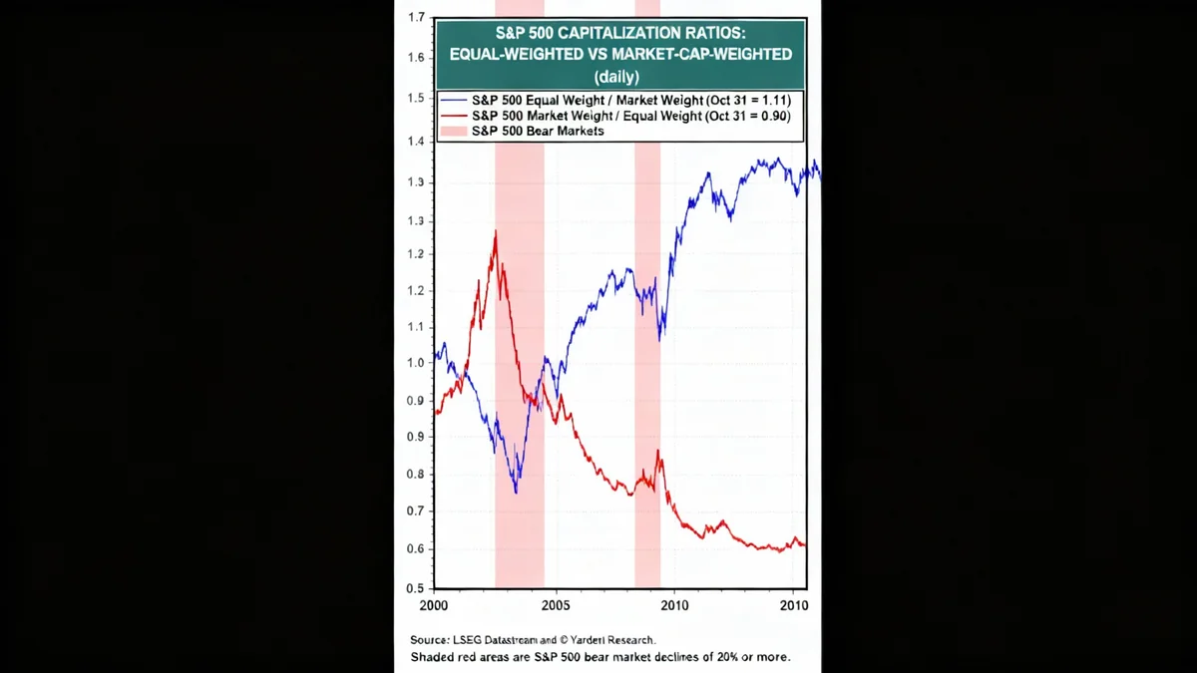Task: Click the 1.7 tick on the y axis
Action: [416, 18]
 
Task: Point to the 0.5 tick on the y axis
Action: [416, 587]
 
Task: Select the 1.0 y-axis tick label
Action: [416, 363]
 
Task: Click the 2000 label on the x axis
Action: [433, 606]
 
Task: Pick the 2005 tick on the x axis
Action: [555, 606]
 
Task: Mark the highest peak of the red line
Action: [495, 232]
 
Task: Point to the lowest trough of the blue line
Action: [516, 492]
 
